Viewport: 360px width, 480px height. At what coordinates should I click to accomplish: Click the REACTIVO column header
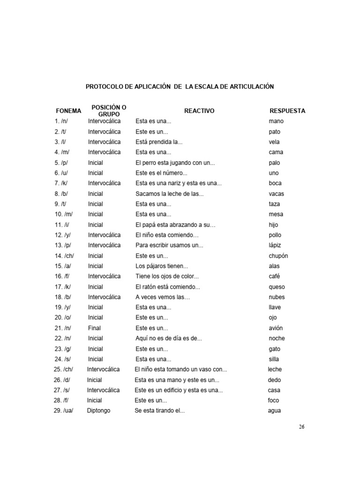tap(199, 111)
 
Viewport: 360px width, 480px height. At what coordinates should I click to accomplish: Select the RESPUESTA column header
tap(287, 111)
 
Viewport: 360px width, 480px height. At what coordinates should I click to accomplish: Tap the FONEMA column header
tap(68, 111)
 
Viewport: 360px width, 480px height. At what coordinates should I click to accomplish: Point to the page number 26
tap(301, 427)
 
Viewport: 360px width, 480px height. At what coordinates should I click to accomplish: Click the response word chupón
tap(278, 256)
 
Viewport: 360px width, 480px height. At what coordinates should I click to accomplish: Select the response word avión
tap(276, 328)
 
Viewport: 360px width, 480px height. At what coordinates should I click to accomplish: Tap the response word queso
tap(277, 287)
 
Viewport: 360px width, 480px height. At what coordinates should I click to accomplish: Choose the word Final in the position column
tap(94, 328)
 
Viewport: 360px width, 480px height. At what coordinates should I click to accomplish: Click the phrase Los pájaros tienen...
tap(162, 266)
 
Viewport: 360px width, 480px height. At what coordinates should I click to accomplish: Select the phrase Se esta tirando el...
tap(160, 411)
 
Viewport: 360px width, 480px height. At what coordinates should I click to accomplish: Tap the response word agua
tap(274, 411)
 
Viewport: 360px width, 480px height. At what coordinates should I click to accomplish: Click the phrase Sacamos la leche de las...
tap(170, 194)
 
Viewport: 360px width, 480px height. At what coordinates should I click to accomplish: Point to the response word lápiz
tap(276, 245)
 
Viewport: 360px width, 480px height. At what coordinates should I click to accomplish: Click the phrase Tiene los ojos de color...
tap(167, 277)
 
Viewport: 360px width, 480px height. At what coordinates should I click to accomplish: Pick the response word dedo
tap(275, 380)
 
